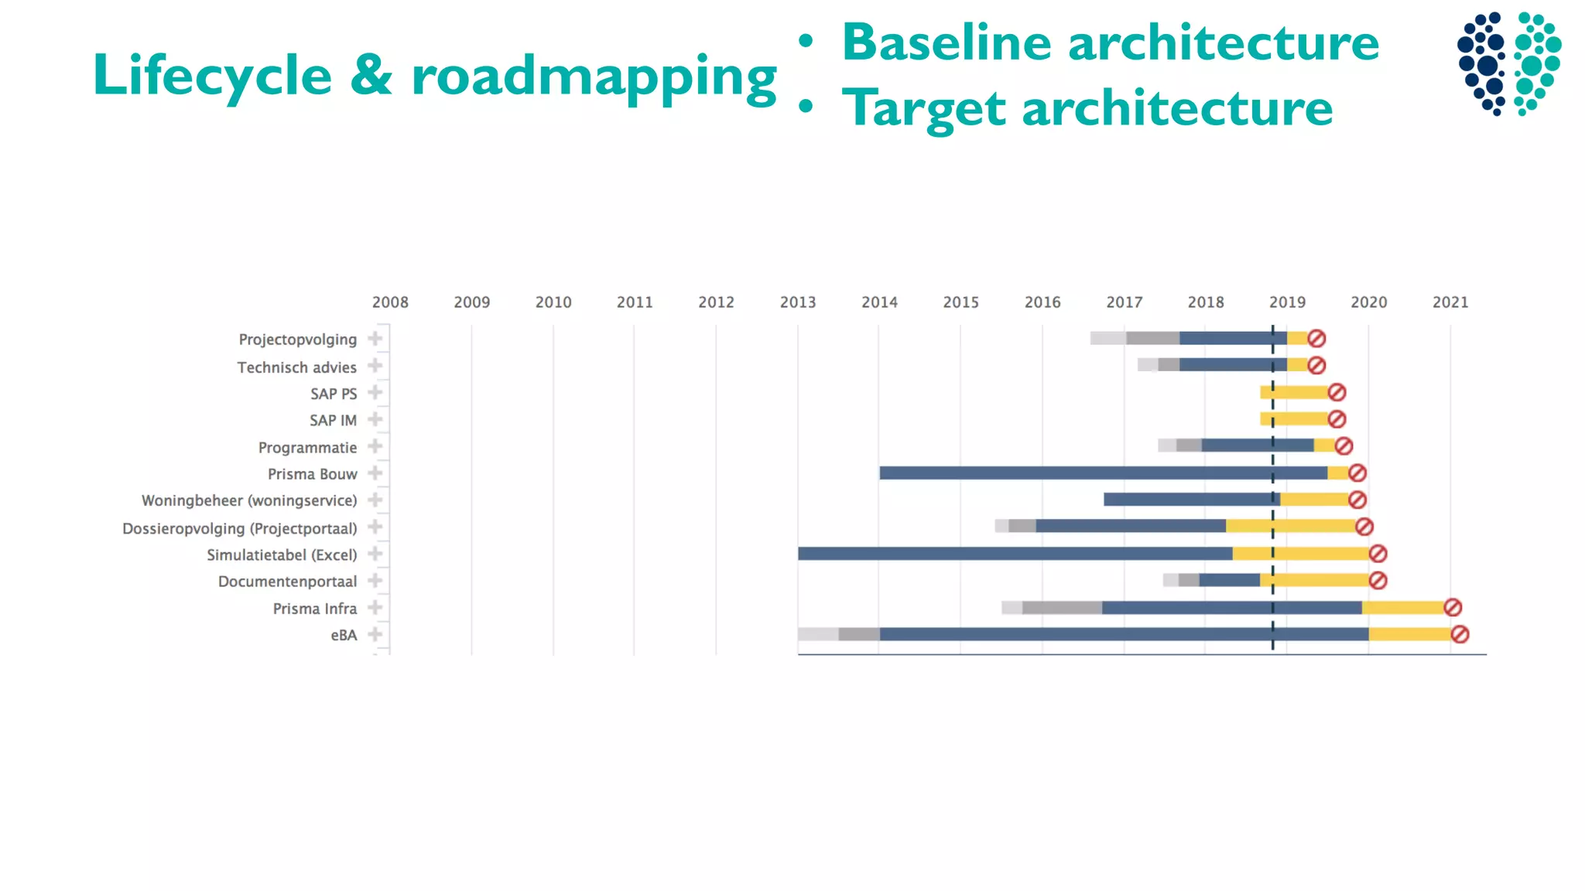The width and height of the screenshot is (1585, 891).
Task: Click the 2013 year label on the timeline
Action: [x=797, y=302]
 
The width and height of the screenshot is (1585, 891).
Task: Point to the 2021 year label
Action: [x=1450, y=302]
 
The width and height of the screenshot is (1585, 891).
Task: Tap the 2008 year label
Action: [x=390, y=302]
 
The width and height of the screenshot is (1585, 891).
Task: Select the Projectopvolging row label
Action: [x=297, y=340]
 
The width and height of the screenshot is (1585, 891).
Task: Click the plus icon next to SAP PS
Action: [x=375, y=393]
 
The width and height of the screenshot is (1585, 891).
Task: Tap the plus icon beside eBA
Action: [x=375, y=634]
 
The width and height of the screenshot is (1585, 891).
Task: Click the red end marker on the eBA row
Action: [x=1460, y=634]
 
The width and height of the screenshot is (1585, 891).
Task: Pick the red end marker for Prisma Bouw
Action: [x=1357, y=473]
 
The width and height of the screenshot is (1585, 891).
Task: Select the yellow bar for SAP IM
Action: [x=1296, y=419]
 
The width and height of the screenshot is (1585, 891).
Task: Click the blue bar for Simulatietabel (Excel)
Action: [x=1014, y=554]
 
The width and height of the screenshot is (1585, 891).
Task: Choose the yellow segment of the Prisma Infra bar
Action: [x=1402, y=608]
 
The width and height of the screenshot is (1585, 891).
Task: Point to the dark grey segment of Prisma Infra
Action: [x=1062, y=608]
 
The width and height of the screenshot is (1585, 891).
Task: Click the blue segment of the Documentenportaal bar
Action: [x=1229, y=580]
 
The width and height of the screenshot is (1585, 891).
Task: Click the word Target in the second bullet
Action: [x=926, y=108]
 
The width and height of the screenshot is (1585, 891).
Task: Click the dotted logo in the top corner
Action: [x=1508, y=63]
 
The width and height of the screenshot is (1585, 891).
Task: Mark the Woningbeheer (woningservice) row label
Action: [x=248, y=500]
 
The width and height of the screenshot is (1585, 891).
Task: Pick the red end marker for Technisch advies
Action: [x=1316, y=365]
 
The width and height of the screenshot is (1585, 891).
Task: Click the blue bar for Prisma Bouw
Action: [x=1103, y=473]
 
